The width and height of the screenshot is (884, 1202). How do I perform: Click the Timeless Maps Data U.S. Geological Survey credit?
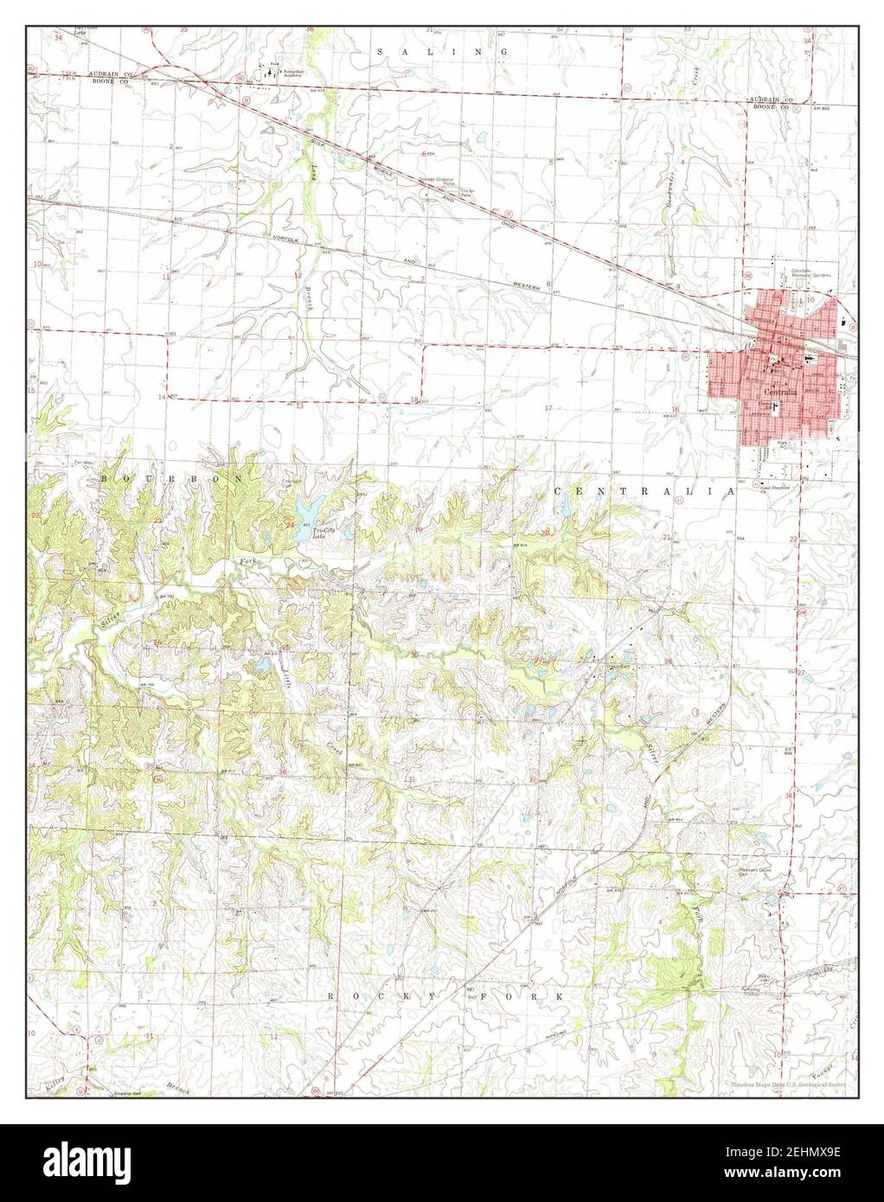[x=787, y=1084]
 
